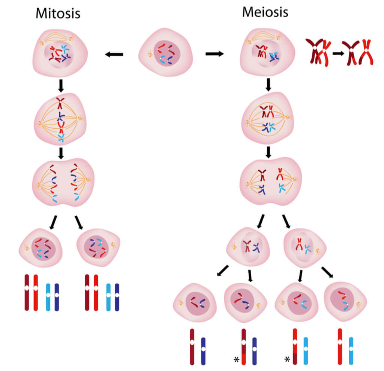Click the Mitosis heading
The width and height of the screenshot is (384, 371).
tap(58, 14)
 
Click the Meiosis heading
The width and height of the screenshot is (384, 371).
tap(265, 12)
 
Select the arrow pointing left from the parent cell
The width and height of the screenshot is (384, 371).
tap(114, 55)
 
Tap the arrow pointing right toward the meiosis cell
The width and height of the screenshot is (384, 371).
tap(214, 54)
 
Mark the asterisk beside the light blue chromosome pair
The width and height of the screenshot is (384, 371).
tap(287, 360)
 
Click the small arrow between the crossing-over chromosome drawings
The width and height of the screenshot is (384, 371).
tap(338, 53)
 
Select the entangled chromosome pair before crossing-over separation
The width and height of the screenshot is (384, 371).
tap(318, 51)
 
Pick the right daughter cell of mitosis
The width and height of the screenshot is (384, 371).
tap(98, 248)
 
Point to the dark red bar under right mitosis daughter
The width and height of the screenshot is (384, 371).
tap(87, 293)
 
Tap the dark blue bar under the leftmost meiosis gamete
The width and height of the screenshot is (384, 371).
tap(203, 351)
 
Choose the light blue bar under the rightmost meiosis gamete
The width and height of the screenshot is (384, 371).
tap(351, 351)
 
